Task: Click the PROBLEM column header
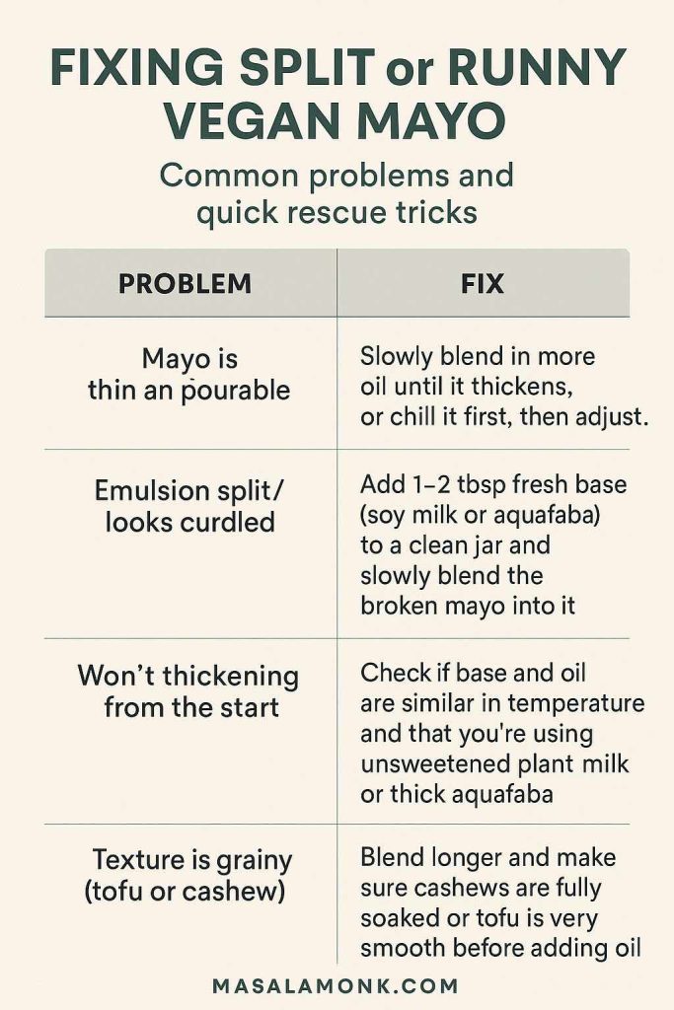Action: [x=185, y=284]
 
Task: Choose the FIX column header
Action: [x=482, y=284]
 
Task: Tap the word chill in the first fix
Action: [x=411, y=417]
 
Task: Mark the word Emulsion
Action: [x=153, y=490]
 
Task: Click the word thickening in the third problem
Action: [x=230, y=677]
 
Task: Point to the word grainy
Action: [x=248, y=859]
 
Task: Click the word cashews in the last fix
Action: [x=446, y=889]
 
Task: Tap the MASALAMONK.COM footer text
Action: [x=336, y=985]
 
